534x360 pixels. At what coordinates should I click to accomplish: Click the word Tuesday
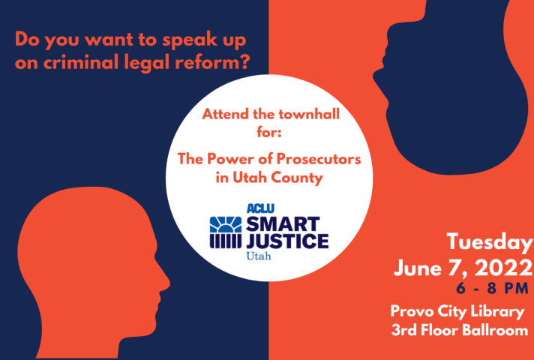point(489,243)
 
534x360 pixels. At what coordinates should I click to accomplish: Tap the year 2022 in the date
point(503,268)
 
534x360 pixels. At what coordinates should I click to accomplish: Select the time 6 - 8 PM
point(493,289)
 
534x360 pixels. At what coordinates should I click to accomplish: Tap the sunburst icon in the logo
point(226,224)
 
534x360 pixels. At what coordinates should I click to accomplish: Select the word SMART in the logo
point(283,223)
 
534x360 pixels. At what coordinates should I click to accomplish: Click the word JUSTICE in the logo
point(287,241)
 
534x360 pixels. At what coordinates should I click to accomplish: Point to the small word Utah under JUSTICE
point(259,256)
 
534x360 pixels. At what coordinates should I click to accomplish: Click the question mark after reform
point(243,62)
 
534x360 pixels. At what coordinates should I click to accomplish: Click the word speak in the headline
point(189,40)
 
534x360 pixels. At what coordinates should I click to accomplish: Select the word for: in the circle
point(269,132)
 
